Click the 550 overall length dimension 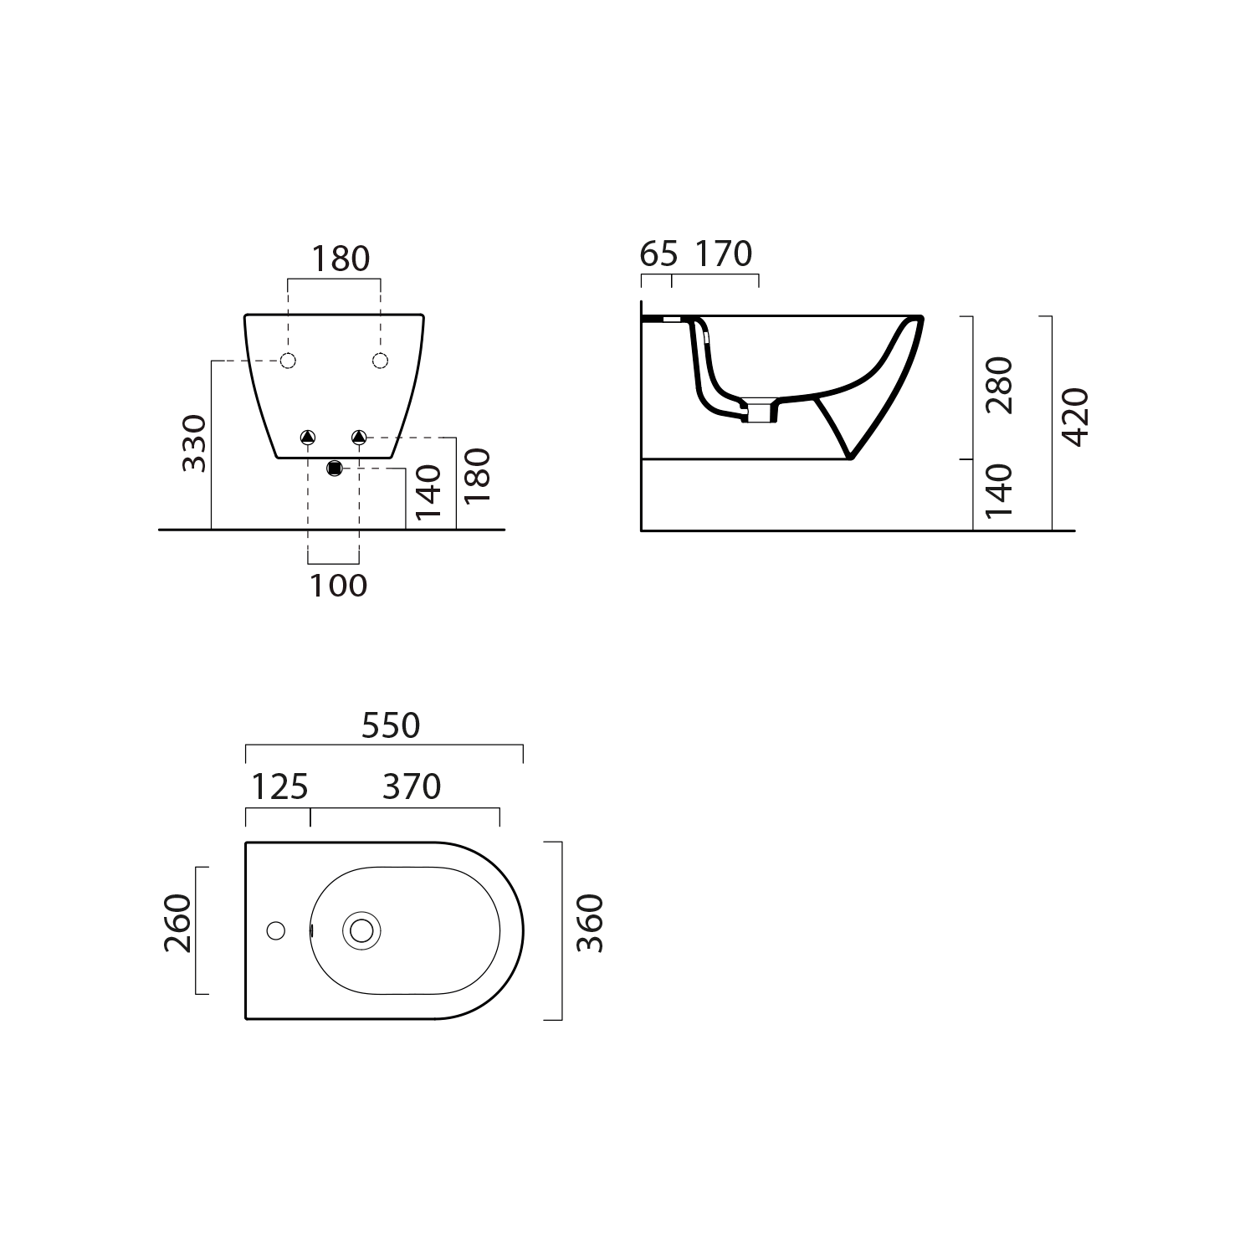point(391,725)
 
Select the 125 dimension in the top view point(280,786)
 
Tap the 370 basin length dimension point(412,786)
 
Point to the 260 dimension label point(178,923)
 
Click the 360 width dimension point(590,923)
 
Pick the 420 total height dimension point(1075,417)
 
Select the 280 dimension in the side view point(999,385)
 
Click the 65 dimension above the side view point(658,254)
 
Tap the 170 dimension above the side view point(724,254)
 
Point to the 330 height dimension point(195,443)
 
